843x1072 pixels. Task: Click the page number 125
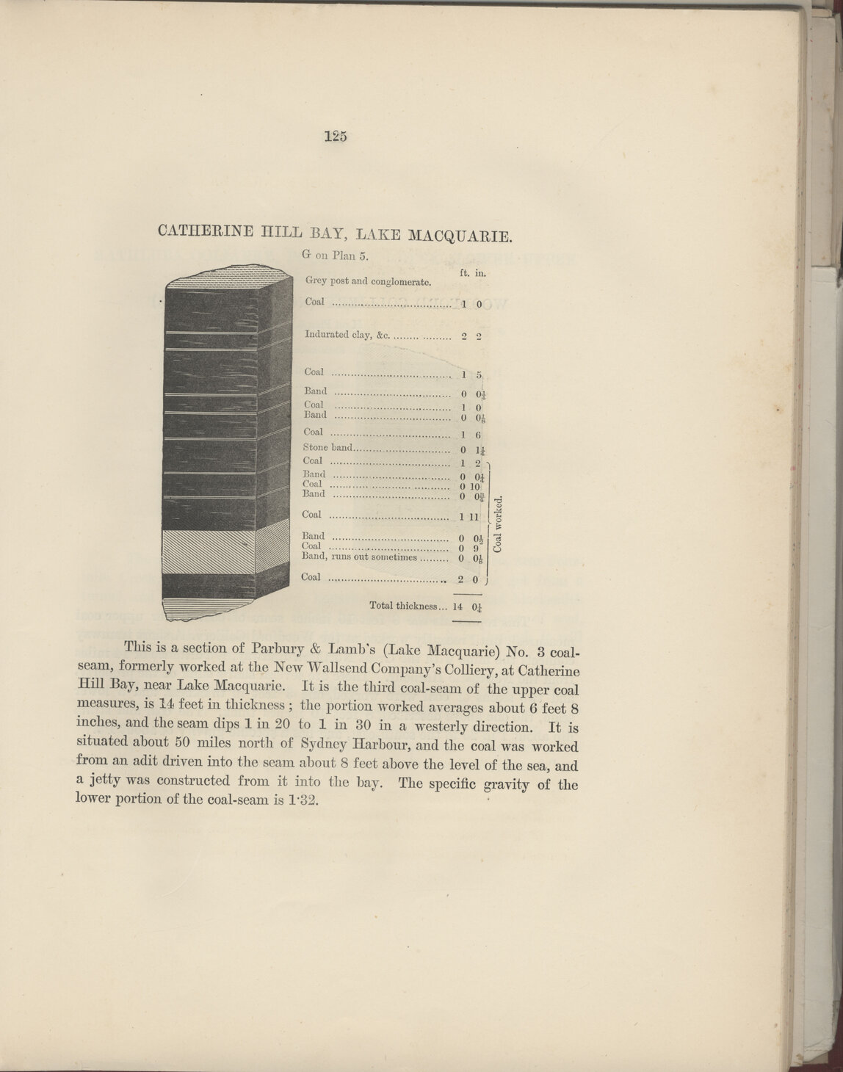[334, 135]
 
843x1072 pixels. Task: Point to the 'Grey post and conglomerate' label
[367, 281]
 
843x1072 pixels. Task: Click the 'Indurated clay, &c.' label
[346, 335]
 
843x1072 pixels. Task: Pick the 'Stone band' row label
[328, 446]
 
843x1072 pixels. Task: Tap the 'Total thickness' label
[405, 606]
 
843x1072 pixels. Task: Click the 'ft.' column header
[465, 272]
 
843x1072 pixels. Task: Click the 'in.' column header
[481, 272]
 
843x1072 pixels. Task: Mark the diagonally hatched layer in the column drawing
[209, 551]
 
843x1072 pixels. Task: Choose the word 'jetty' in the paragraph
[105, 783]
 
